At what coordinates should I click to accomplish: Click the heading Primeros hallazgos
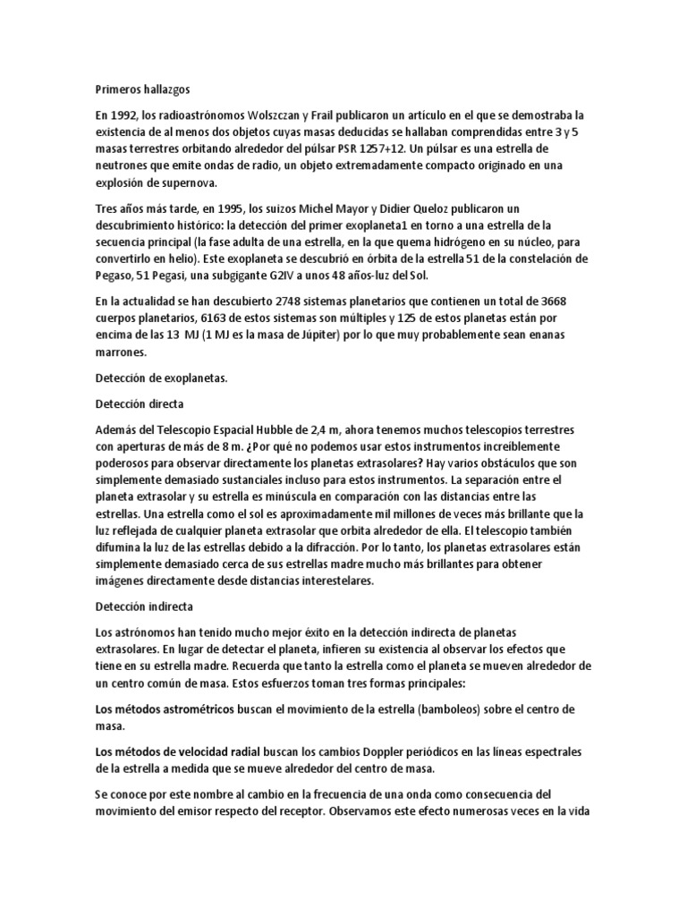pos(143,89)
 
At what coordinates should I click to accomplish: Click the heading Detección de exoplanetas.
pos(162,378)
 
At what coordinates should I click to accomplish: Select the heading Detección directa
pos(139,404)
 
